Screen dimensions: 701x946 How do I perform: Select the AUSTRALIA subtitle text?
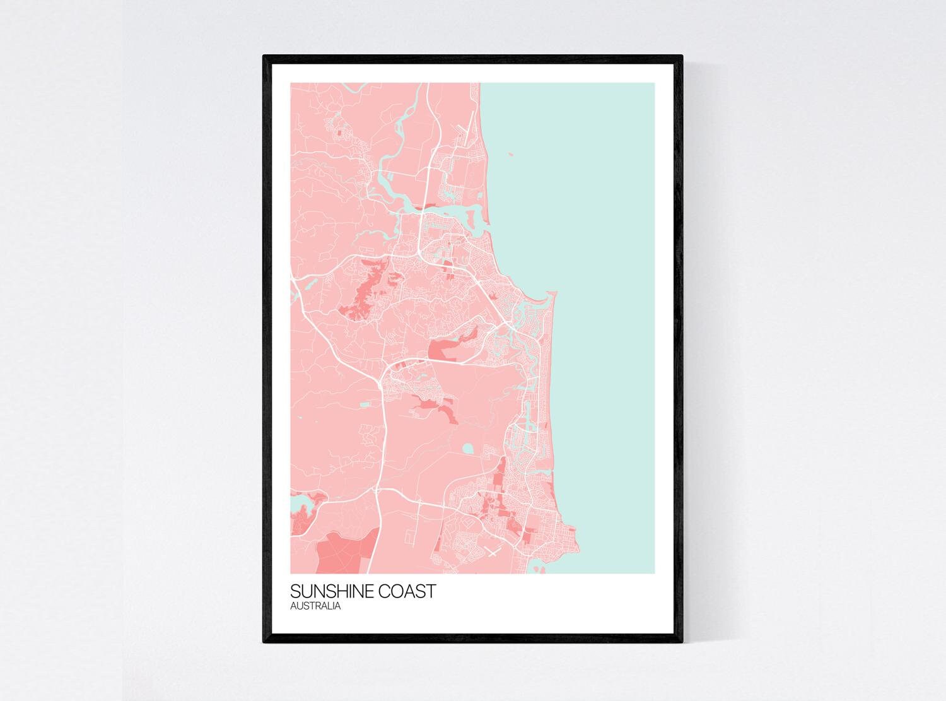[315, 606]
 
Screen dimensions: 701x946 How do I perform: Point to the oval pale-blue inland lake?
[467, 449]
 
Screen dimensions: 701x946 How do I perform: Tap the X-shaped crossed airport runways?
[492, 553]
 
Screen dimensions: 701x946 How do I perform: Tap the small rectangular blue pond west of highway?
[364, 403]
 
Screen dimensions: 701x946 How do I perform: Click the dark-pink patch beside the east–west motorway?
[445, 349]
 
